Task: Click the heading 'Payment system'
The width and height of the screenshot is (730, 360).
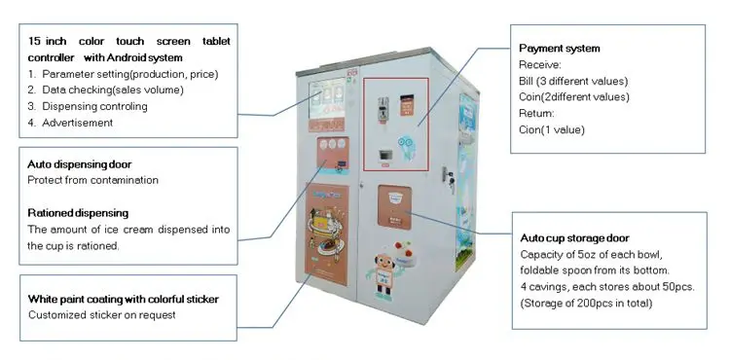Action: coord(559,49)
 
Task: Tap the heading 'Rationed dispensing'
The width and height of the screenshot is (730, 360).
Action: coord(78,213)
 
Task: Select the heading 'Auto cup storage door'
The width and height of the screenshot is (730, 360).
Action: coord(574,238)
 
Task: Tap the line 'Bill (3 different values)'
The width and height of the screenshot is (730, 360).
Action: coord(573,81)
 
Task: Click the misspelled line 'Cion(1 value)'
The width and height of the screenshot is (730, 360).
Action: coord(553,129)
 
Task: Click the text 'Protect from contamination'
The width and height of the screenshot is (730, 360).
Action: coord(92,181)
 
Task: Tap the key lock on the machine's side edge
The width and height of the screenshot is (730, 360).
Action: coord(451,179)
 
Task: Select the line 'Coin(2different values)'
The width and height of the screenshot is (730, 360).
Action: coord(575,96)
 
